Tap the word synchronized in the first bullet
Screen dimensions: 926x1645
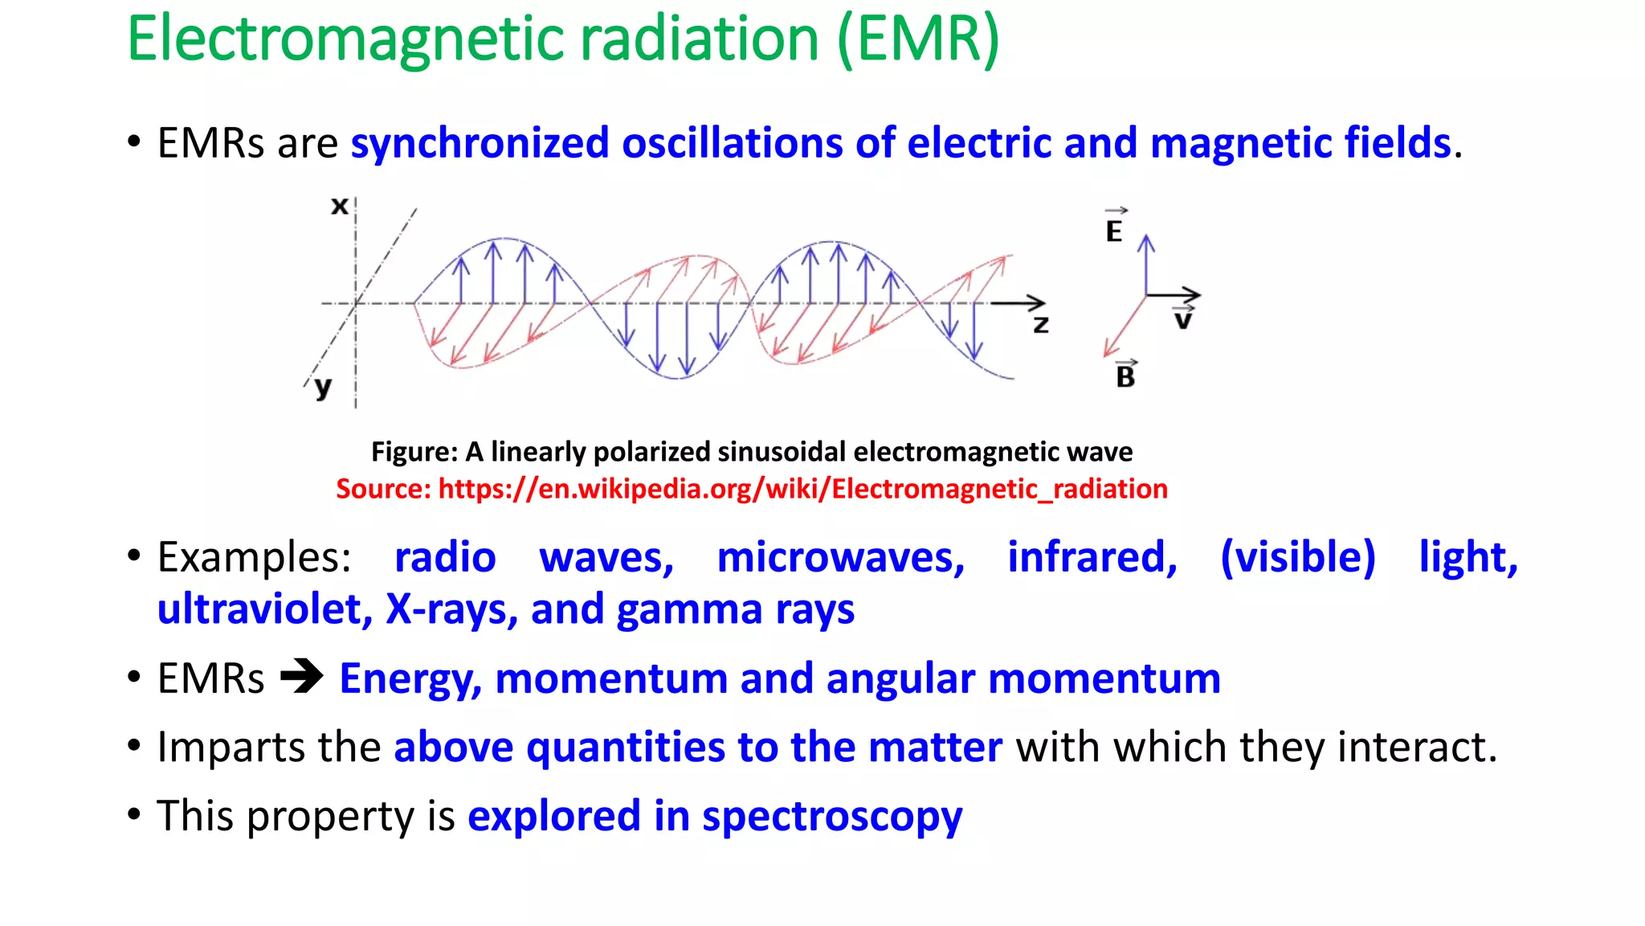coord(480,143)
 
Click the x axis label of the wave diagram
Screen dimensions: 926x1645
coord(340,207)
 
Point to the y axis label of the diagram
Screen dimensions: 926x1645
coord(323,387)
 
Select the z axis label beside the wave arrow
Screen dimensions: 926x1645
coord(1041,325)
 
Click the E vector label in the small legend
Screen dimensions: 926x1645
coord(1114,228)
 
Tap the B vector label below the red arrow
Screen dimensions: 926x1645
coord(1125,375)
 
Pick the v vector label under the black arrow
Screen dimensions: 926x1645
coord(1183,319)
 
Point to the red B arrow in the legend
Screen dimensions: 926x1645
coord(1124,326)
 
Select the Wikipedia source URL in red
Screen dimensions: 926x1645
coord(802,489)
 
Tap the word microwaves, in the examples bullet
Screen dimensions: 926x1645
coord(840,557)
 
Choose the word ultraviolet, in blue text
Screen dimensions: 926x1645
coord(264,609)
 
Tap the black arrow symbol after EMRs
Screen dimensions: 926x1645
coord(301,677)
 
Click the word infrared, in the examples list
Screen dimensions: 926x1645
coord(1092,557)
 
